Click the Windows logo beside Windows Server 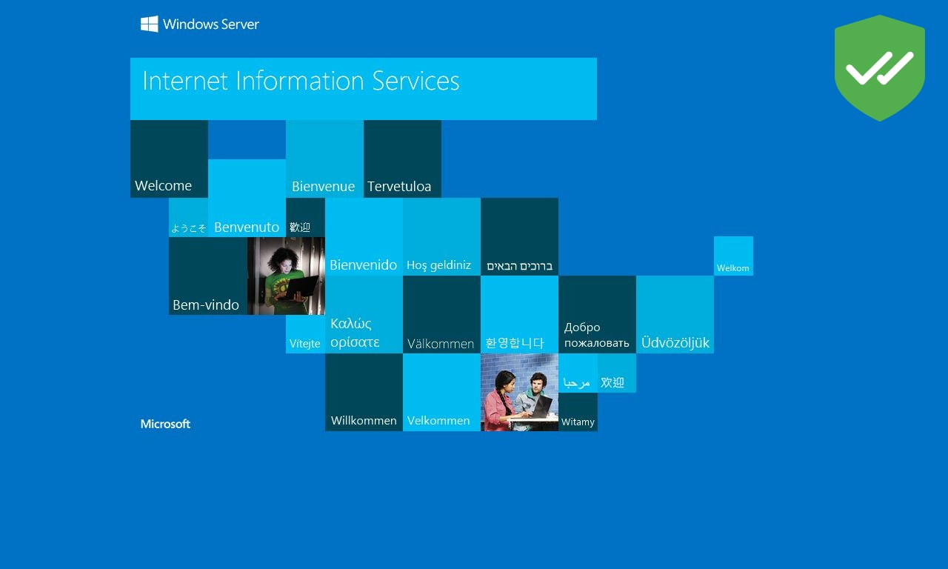149,24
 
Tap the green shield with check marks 879,67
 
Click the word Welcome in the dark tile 164,185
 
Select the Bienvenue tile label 324,186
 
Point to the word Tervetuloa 399,186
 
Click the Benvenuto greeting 247,227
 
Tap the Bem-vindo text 206,305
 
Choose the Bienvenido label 363,265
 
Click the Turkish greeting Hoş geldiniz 438,265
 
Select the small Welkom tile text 733,268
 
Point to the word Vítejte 304,343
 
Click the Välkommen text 441,344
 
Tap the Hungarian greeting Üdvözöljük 675,342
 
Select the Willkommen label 364,420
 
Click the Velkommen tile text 438,420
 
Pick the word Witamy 578,422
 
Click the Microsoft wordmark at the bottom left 165,424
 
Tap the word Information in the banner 300,81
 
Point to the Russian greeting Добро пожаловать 596,335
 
